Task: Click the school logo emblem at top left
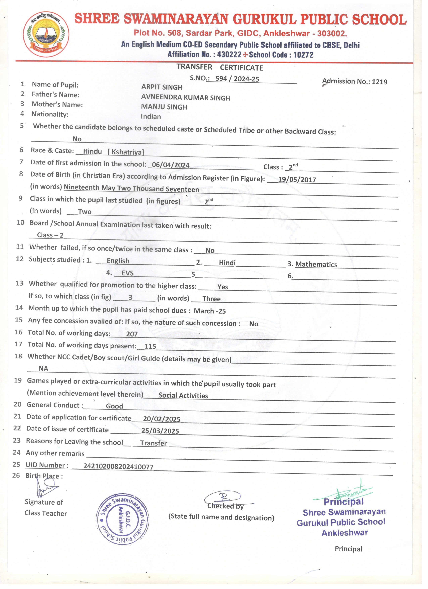[46, 34]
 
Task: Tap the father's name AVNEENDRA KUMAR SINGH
[186, 98]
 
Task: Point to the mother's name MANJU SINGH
[164, 107]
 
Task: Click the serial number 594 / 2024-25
[237, 79]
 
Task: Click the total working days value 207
[132, 334]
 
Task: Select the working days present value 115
[150, 346]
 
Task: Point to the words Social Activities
[183, 396]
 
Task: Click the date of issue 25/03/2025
[160, 431]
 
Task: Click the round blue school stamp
[123, 519]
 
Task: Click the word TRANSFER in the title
[194, 67]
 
